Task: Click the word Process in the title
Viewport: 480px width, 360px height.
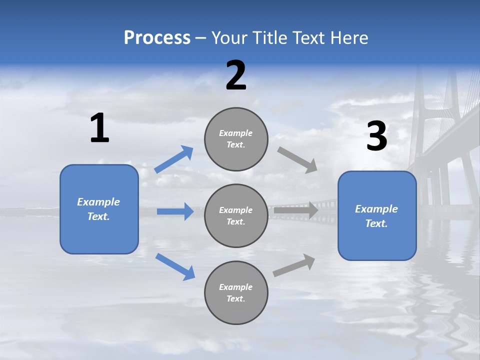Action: tap(157, 37)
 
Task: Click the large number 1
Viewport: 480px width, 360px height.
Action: tap(99, 128)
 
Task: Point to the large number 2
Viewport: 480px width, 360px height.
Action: tap(236, 75)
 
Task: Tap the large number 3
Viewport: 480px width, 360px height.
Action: tap(376, 136)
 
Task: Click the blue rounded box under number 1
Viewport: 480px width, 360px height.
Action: tap(99, 209)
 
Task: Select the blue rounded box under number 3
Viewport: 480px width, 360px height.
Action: tap(377, 216)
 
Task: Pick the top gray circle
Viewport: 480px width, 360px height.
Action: tap(236, 139)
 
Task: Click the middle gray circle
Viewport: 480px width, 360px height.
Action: tap(236, 216)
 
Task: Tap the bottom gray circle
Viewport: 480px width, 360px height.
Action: tap(236, 293)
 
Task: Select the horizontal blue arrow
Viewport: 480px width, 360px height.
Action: tap(175, 211)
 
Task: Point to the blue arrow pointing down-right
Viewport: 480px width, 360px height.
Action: tap(175, 266)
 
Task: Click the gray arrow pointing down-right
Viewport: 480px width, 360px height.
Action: tap(297, 160)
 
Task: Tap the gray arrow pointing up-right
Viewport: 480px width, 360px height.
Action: tap(294, 265)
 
